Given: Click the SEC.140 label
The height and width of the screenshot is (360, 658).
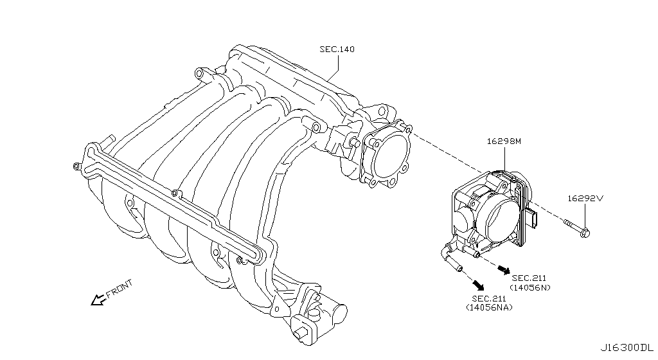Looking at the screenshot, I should point(337,49).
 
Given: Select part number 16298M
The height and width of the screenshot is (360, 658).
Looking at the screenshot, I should point(504,139).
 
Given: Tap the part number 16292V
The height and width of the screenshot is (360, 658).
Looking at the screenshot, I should point(585,199).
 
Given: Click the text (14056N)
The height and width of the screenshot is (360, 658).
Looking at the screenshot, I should point(530,287).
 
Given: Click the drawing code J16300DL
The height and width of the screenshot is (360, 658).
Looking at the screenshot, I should point(628,347).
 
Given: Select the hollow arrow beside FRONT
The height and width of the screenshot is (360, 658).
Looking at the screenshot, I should point(98,300).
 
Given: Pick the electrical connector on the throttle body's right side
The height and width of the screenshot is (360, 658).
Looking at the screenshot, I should point(533,219).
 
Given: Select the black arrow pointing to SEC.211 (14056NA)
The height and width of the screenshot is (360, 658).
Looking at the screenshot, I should point(478,283).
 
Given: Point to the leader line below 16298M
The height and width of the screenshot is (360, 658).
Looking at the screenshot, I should point(504,159).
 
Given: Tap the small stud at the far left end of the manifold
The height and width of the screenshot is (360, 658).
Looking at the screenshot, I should point(76,167).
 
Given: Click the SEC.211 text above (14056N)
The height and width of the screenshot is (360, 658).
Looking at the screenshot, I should point(530,278).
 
